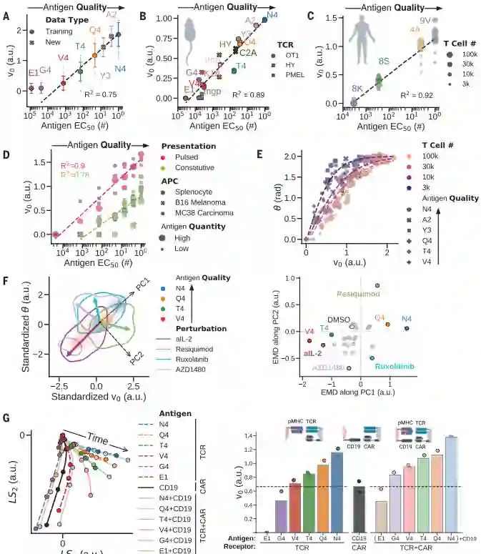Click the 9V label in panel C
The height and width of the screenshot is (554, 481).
coord(426,21)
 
